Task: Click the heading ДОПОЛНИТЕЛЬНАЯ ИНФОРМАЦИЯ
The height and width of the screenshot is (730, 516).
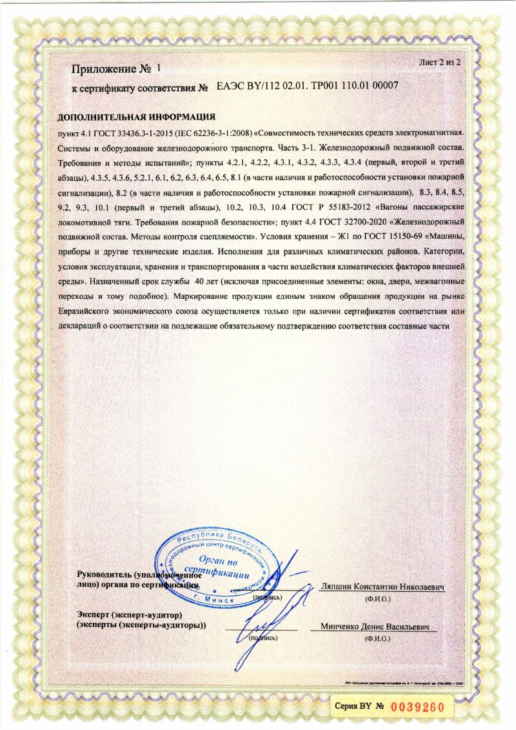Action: coord(136,117)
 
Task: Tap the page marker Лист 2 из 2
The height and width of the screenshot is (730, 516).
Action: coord(441,62)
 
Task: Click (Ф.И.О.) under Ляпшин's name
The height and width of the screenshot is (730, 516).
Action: coord(377,600)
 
